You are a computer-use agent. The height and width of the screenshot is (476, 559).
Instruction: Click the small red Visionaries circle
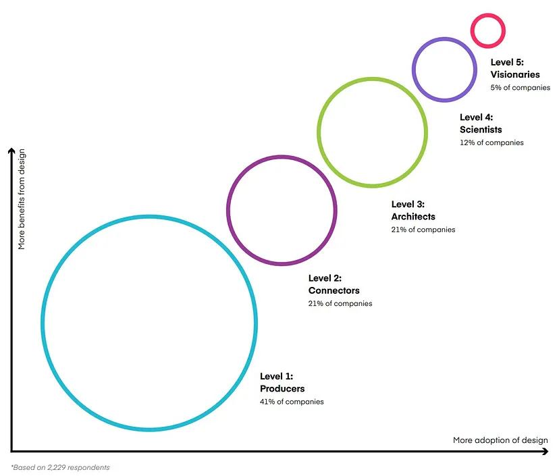pos(487,30)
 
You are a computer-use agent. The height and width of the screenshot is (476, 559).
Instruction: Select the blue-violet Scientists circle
pos(443,69)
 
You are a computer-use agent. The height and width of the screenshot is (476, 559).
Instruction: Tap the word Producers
pos(282,389)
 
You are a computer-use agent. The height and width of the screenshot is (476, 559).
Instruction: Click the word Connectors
pos(334,290)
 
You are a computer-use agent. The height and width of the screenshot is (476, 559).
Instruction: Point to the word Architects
pos(413,217)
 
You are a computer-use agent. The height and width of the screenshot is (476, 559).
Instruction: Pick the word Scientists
pos(481,130)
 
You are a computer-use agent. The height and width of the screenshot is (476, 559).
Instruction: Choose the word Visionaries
pos(515,75)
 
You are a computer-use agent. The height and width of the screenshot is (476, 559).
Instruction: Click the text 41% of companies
pos(292,402)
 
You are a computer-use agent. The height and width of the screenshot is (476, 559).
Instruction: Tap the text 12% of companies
pos(491,142)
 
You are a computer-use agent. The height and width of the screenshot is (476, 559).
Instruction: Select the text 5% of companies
pos(520,88)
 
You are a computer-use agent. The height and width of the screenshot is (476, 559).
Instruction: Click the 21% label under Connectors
pos(340,304)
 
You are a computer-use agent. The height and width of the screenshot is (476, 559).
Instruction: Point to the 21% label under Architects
pos(423,230)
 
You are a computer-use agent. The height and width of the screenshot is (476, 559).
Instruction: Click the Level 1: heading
pos(277,376)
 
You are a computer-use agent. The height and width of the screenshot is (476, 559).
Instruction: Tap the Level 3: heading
pos(408,204)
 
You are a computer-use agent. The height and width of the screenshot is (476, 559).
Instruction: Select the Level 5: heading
pos(507,62)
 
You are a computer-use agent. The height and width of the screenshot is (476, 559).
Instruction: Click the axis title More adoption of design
pos(500,440)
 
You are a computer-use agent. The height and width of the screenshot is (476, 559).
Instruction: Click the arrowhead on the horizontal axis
pos(545,452)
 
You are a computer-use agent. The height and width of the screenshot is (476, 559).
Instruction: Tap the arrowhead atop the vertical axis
pos(10,151)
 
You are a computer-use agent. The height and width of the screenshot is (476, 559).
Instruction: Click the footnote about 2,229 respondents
pos(60,467)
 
